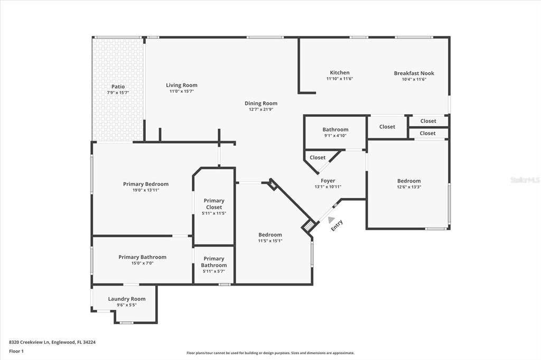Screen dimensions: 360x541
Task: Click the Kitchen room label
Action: (x=339, y=73)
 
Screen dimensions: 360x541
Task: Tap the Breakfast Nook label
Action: (x=414, y=73)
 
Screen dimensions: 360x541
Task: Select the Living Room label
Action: (x=181, y=85)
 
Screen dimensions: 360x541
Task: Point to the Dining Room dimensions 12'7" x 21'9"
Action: (x=260, y=110)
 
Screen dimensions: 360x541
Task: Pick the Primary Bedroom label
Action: (x=145, y=184)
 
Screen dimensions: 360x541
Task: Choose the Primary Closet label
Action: (x=214, y=204)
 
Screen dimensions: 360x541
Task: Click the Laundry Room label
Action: (x=126, y=299)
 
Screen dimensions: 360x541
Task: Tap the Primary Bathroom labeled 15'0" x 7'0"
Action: (x=142, y=257)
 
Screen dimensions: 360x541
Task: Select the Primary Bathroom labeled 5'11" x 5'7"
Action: (x=214, y=262)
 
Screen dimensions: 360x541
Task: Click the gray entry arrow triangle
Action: (x=331, y=220)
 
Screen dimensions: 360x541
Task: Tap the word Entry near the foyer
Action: (x=337, y=225)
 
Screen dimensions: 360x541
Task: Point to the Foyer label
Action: (x=328, y=181)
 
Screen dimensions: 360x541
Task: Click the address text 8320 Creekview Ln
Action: (x=52, y=342)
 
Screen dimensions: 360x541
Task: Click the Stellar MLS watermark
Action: (x=525, y=180)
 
